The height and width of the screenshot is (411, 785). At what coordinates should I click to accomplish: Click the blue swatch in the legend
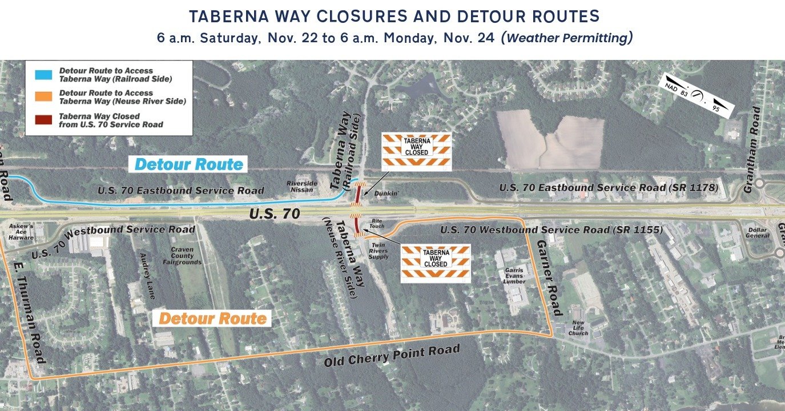pos(43,74)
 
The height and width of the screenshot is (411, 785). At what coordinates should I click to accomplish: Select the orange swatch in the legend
pos(43,96)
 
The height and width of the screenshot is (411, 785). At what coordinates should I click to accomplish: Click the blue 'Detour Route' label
pos(189,164)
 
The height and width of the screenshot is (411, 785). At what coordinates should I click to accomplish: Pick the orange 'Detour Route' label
pos(212,318)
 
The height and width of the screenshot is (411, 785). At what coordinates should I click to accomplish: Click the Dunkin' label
pos(385,194)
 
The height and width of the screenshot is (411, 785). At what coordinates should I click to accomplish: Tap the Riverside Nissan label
pos(302,187)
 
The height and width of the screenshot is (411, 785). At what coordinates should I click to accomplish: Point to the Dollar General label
pos(758,233)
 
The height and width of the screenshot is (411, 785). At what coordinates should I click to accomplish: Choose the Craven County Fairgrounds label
pos(186,256)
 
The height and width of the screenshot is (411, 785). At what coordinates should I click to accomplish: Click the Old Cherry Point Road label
pos(392,356)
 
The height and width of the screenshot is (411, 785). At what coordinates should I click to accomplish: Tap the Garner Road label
pos(549,277)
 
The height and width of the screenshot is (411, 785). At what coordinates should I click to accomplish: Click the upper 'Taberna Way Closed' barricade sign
pos(416,151)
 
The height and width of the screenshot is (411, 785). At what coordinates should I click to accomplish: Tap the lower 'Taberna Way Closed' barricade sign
pos(436,263)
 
